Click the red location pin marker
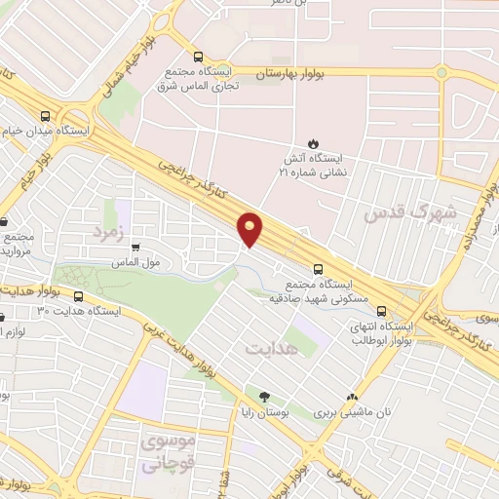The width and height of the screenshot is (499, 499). tap(251, 229)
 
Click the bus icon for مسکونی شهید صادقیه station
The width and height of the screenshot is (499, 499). tap(317, 270)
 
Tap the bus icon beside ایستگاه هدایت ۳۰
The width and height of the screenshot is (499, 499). tap(79, 297)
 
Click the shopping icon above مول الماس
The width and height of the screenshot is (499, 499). tap(134, 248)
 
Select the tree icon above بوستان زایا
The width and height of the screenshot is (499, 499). tap(264, 398)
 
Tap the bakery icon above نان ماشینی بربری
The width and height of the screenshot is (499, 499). tap(352, 398)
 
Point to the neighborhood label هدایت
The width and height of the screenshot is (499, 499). tap(269, 348)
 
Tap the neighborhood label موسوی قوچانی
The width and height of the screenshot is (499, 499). tap(169, 451)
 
